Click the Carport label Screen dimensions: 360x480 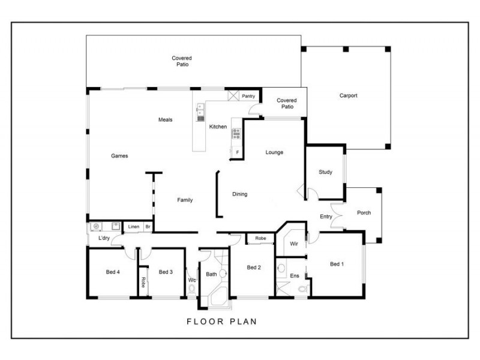[x=348, y=95]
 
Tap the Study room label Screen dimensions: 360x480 [x=325, y=172]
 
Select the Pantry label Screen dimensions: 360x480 [x=248, y=96]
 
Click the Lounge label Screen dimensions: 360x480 [x=274, y=152]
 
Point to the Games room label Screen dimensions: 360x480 [x=119, y=156]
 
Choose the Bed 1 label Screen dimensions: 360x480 [x=337, y=264]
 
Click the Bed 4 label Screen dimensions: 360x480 [x=113, y=272]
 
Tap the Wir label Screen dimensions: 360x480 [x=294, y=244]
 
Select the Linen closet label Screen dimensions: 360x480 [x=133, y=227]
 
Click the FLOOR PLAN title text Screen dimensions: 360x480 [x=221, y=322]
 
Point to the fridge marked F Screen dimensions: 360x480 [x=237, y=153]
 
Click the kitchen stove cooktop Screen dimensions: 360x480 [x=236, y=133]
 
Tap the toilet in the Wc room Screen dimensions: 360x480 [x=192, y=289]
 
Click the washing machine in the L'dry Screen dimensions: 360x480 [x=96, y=227]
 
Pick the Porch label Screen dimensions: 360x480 [x=364, y=213]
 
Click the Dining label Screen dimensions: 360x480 [x=240, y=194]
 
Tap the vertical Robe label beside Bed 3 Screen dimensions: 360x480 [x=143, y=282]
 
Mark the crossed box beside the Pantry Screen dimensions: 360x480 [x=233, y=96]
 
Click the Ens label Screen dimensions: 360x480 [x=294, y=275]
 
